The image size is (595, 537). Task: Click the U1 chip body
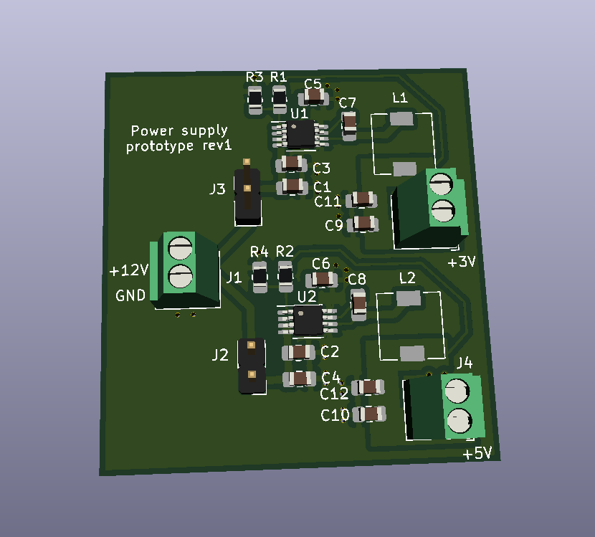click(x=300, y=133)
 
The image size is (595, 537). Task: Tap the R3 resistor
click(x=255, y=100)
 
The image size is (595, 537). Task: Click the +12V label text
click(x=128, y=271)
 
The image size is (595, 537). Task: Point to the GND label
click(x=130, y=295)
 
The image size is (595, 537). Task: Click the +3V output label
click(x=461, y=262)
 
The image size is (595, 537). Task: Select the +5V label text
click(x=477, y=453)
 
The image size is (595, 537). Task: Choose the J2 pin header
click(x=252, y=366)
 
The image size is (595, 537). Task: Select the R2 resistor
click(x=285, y=275)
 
